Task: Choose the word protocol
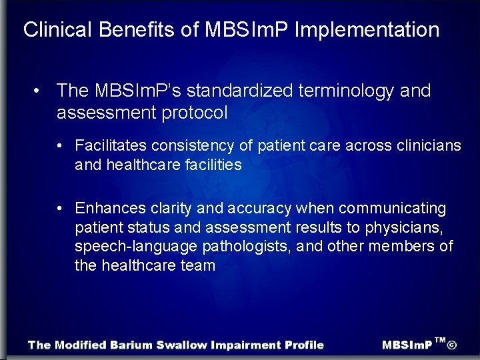point(197,113)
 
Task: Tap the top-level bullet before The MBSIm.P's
point(41,90)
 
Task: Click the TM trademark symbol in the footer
point(440,340)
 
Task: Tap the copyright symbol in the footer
point(452,345)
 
